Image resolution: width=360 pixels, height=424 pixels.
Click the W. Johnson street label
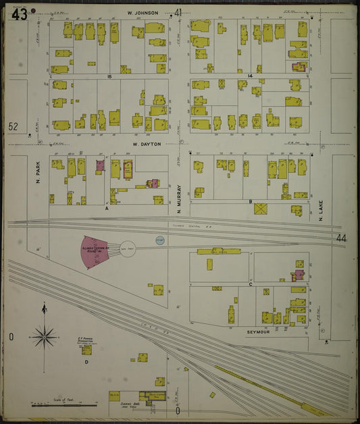tap(143, 13)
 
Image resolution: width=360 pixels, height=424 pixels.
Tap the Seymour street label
tap(258, 332)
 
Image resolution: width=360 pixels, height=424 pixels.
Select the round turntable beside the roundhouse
tap(128, 249)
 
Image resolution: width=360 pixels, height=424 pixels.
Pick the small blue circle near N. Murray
tap(160, 240)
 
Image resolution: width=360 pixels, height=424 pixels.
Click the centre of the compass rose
tap(45, 334)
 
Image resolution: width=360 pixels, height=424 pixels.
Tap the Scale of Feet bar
tap(64, 405)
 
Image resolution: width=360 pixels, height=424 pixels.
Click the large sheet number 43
tap(18, 14)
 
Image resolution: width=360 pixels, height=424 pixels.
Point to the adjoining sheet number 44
tap(340, 238)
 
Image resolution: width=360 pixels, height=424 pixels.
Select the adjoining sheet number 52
tap(14, 126)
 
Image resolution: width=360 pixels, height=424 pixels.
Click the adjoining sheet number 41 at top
tap(178, 12)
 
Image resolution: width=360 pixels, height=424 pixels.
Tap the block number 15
tap(108, 76)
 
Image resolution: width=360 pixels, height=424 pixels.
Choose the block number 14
tap(249, 76)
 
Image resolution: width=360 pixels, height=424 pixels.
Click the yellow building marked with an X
tap(261, 209)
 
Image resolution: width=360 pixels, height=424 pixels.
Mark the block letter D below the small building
tap(86, 363)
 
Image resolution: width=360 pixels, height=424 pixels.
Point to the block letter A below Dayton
tap(107, 209)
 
